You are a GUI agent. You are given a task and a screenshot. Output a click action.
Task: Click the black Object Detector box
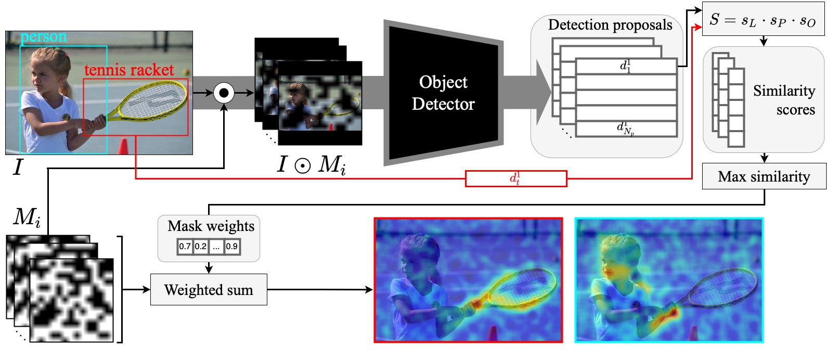click(x=443, y=93)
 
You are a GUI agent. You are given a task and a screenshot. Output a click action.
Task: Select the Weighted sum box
click(x=209, y=290)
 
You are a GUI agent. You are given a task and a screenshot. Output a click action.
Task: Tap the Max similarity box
click(x=764, y=177)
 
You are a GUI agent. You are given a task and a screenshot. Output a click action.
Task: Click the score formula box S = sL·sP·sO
click(x=763, y=20)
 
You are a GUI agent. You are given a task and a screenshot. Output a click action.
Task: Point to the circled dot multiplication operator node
click(x=224, y=93)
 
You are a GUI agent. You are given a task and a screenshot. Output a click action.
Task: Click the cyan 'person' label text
click(x=44, y=37)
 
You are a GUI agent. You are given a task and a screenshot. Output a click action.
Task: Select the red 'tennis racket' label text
click(x=129, y=70)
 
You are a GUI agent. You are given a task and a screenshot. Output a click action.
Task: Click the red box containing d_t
click(x=515, y=178)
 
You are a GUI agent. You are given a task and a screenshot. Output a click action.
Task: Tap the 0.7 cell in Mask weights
click(x=185, y=247)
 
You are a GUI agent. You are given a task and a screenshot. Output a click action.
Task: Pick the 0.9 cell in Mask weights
click(x=232, y=247)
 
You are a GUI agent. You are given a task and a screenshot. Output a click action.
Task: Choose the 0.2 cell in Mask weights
click(x=201, y=247)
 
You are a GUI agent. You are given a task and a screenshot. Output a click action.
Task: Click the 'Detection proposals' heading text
click(x=610, y=25)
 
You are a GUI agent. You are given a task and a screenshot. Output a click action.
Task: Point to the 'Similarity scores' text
click(x=784, y=100)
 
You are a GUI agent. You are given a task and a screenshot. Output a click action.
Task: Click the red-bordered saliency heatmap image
click(x=468, y=280)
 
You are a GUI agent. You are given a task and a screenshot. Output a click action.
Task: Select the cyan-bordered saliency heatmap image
click(x=669, y=280)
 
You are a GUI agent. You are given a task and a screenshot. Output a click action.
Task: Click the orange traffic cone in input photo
click(x=123, y=146)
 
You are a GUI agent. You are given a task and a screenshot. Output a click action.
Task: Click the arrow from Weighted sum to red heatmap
click(x=320, y=289)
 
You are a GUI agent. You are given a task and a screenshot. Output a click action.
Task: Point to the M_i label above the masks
click(x=27, y=216)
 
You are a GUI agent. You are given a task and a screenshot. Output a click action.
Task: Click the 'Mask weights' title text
click(x=211, y=226)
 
